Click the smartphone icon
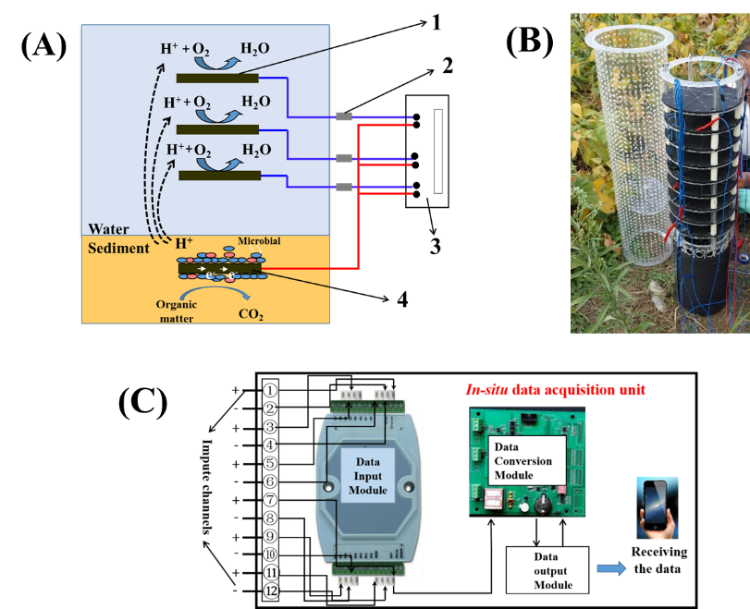(x=657, y=507)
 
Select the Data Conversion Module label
(x=523, y=460)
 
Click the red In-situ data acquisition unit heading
(x=555, y=390)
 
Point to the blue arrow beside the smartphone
(x=610, y=568)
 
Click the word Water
(x=109, y=229)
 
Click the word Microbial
(x=258, y=242)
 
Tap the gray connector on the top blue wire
(x=343, y=116)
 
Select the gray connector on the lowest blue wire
(x=343, y=187)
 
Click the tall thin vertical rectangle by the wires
(x=438, y=152)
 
